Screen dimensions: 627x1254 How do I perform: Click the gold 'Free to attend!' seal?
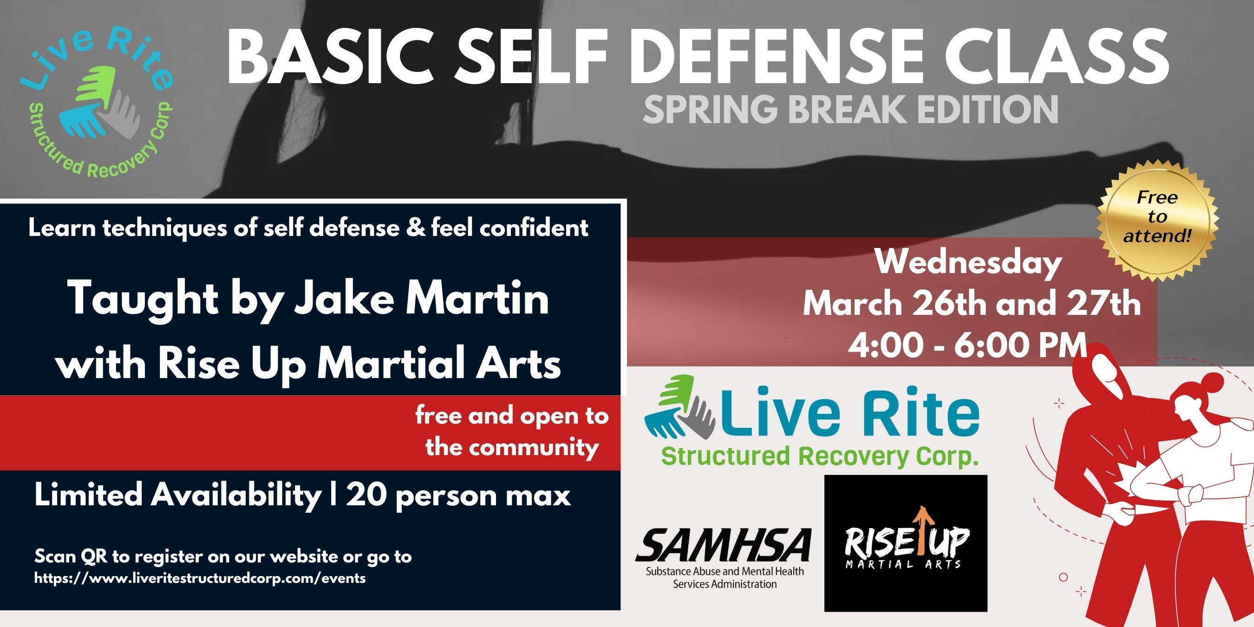tap(1157, 216)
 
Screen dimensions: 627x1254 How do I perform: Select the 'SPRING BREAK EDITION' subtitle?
tap(850, 109)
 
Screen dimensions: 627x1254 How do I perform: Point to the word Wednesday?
tap(969, 263)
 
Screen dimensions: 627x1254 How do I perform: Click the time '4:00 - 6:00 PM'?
tap(967, 345)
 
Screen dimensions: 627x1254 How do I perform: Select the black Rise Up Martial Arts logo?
tap(906, 543)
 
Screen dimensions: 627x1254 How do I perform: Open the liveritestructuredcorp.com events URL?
tap(200, 578)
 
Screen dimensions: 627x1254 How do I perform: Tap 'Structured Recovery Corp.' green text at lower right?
tap(820, 457)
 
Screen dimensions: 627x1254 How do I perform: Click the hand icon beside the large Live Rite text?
tap(679, 407)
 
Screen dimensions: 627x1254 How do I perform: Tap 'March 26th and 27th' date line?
tap(972, 304)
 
